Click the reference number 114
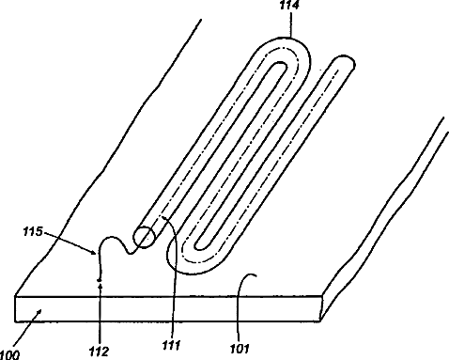coord(290,5)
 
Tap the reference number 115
coord(33,231)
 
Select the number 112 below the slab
coord(99,352)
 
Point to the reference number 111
coord(172,345)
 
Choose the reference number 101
coord(240,349)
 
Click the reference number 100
coord(9,355)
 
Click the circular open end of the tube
coord(144,237)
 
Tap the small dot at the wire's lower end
coord(100,279)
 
